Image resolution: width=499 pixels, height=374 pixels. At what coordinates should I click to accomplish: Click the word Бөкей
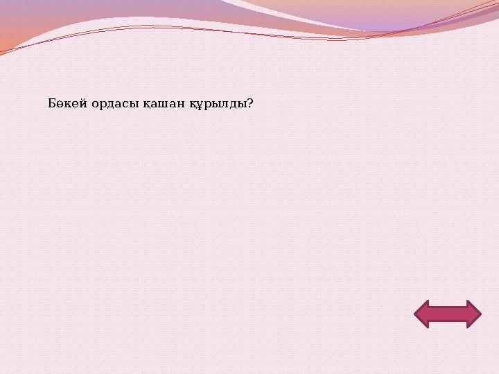[x=68, y=104]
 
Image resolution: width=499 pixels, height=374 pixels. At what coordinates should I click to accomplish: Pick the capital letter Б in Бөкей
[x=53, y=104]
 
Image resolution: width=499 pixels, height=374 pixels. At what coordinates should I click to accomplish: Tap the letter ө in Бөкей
[x=62, y=105]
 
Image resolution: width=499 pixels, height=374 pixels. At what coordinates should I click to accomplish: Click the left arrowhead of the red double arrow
[x=421, y=314]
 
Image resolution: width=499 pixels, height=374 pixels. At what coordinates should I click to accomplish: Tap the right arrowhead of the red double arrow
[x=473, y=314]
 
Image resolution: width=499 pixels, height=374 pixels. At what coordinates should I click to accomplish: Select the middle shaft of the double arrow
[x=447, y=314]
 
